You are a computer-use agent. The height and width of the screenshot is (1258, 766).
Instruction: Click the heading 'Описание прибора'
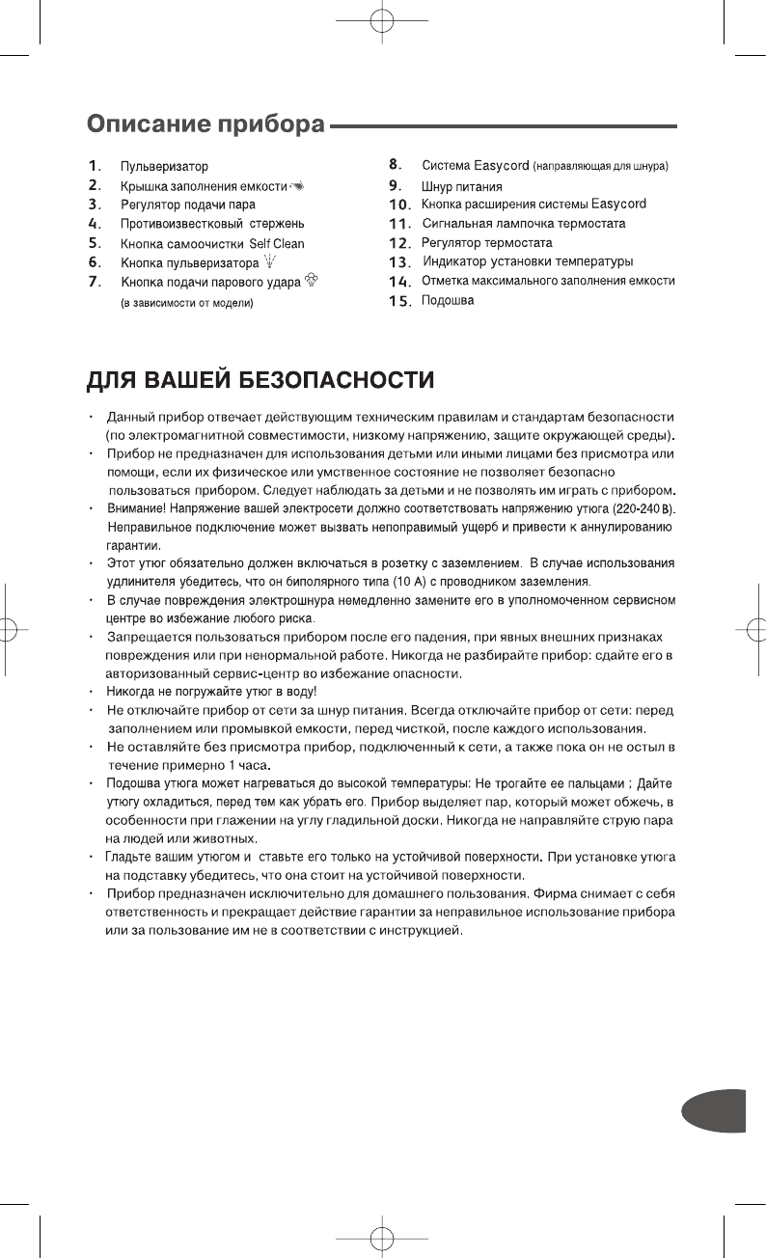pos(206,125)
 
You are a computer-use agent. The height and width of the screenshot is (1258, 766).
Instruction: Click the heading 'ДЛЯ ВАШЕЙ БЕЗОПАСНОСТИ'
pos(260,380)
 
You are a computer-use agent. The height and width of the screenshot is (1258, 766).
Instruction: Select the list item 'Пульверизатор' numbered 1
pos(164,168)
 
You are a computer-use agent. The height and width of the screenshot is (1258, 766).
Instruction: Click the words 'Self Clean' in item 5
pos(277,243)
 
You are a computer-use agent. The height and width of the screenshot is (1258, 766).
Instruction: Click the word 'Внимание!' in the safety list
pos(136,508)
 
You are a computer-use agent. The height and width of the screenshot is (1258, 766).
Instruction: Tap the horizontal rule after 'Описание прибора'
pos(502,126)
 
